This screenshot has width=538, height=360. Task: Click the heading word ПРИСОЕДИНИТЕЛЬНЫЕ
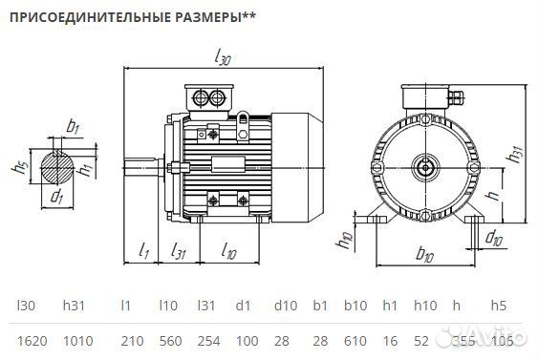click(x=72, y=17)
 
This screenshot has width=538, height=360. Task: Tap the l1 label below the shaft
click(x=144, y=251)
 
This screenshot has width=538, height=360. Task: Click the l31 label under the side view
click(x=178, y=251)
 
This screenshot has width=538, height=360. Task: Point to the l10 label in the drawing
click(x=229, y=251)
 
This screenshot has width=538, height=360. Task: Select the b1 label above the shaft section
click(x=74, y=126)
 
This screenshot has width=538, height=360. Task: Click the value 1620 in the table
click(x=32, y=341)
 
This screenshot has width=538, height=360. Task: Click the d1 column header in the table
click(x=244, y=306)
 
